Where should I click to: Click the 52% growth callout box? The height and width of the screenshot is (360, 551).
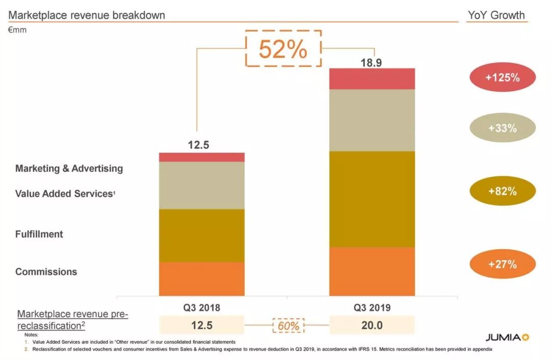pyautogui.click(x=283, y=49)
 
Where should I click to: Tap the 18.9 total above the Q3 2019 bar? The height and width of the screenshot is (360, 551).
pyautogui.click(x=371, y=63)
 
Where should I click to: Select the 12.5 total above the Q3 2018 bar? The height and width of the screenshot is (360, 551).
pyautogui.click(x=198, y=145)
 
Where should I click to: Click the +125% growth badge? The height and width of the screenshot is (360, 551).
pyautogui.click(x=502, y=78)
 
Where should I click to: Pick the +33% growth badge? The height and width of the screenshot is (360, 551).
pyautogui.click(x=502, y=128)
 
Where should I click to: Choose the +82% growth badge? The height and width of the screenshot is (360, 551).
pyautogui.click(x=502, y=191)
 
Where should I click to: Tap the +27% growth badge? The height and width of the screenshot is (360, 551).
pyautogui.click(x=502, y=265)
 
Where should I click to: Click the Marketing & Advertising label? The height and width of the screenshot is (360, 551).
pyautogui.click(x=69, y=169)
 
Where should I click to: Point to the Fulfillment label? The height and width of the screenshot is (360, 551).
pyautogui.click(x=39, y=234)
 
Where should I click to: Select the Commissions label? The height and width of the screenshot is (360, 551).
pyautogui.click(x=46, y=272)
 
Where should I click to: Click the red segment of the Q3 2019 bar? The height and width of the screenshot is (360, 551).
pyautogui.click(x=371, y=79)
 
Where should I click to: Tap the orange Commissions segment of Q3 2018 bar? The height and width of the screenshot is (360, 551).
pyautogui.click(x=202, y=279)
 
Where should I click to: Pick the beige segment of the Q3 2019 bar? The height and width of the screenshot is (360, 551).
pyautogui.click(x=371, y=121)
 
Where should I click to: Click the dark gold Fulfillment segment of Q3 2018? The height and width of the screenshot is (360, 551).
pyautogui.click(x=202, y=235)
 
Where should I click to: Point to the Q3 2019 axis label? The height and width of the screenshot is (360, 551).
pyautogui.click(x=372, y=308)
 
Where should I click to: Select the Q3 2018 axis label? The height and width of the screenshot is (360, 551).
pyautogui.click(x=202, y=308)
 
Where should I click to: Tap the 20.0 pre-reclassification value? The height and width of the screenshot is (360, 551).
pyautogui.click(x=372, y=325)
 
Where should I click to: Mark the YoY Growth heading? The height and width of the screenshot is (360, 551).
pyautogui.click(x=496, y=15)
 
